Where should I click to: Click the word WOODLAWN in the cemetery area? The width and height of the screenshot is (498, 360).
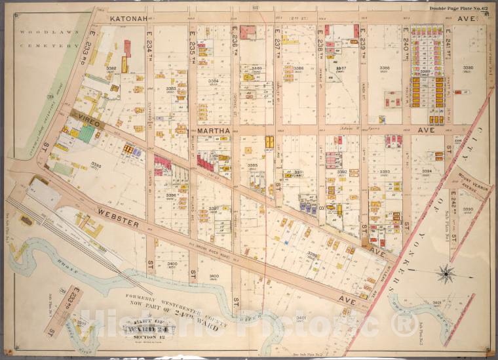click(x=39, y=31)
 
